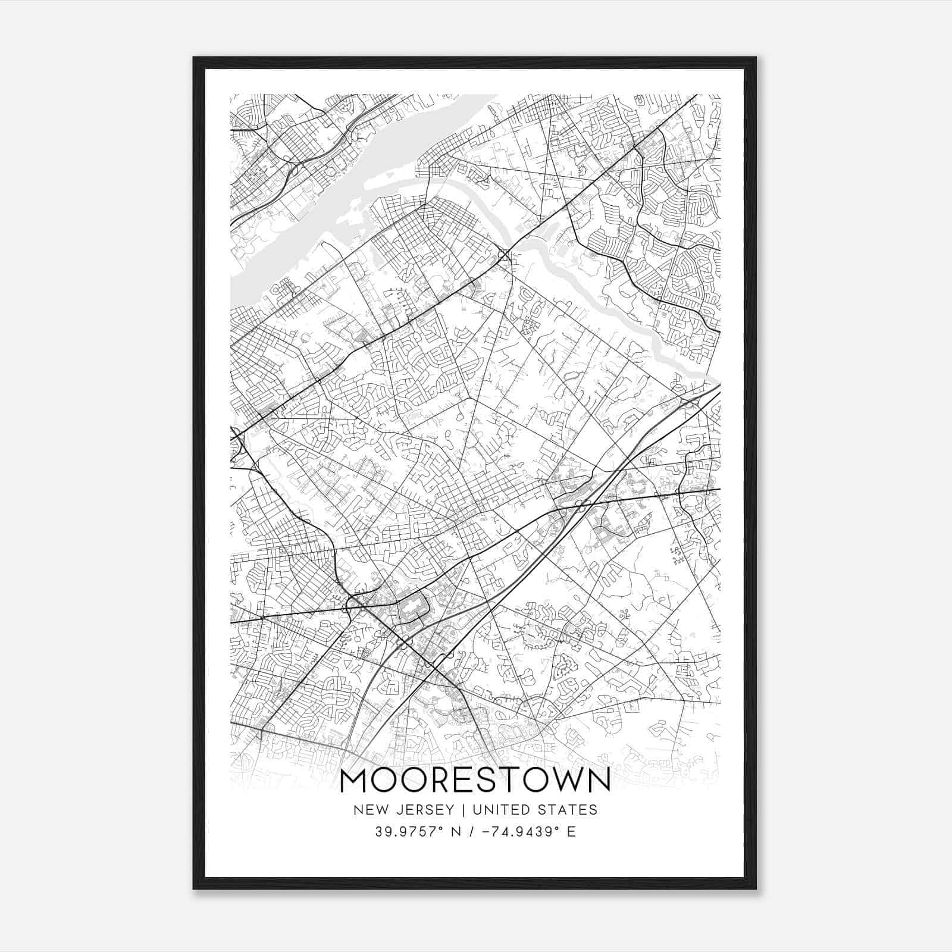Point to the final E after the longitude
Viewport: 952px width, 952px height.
(x=571, y=831)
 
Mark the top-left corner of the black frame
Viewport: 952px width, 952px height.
(x=194, y=58)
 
